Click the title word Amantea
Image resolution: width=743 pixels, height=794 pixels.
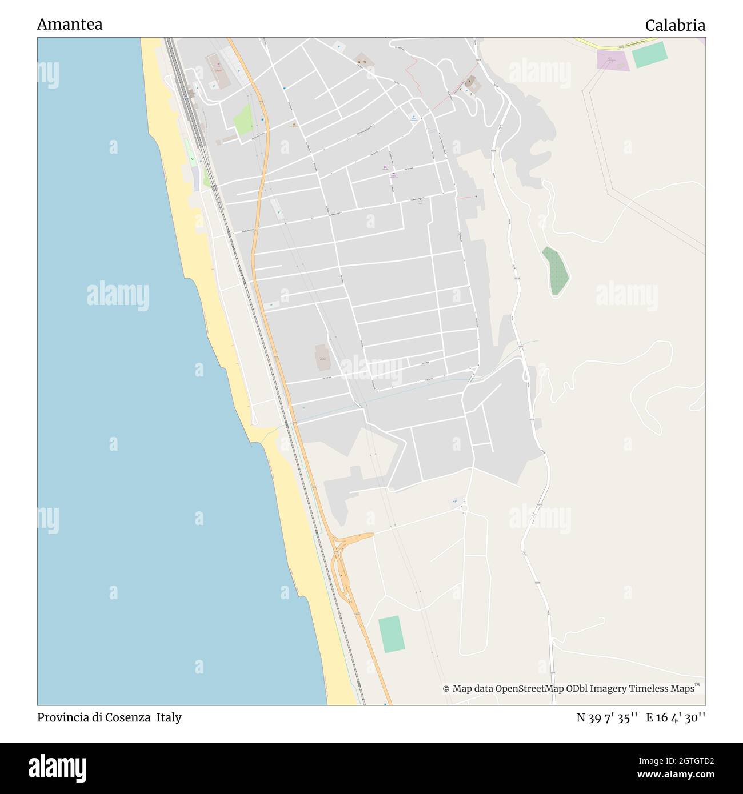[x=70, y=25]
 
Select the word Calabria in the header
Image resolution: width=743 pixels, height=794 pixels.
[x=675, y=25]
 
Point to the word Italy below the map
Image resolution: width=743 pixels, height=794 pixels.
[x=169, y=717]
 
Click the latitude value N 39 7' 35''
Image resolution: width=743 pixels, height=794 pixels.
[x=607, y=718]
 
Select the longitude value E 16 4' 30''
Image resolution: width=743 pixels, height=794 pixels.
[x=676, y=718]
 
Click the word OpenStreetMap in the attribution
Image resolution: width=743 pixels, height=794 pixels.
[x=531, y=689]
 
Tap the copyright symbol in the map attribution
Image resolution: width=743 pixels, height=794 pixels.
[x=446, y=689]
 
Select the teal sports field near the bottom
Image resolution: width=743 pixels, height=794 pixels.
[x=392, y=634]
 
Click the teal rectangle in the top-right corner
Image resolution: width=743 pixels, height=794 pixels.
[x=649, y=54]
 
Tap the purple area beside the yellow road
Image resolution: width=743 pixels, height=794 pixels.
[x=612, y=60]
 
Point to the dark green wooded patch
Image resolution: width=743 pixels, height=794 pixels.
[x=555, y=271]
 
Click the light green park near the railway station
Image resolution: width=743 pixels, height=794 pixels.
[x=243, y=119]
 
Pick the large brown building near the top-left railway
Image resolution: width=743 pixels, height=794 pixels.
[x=218, y=71]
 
